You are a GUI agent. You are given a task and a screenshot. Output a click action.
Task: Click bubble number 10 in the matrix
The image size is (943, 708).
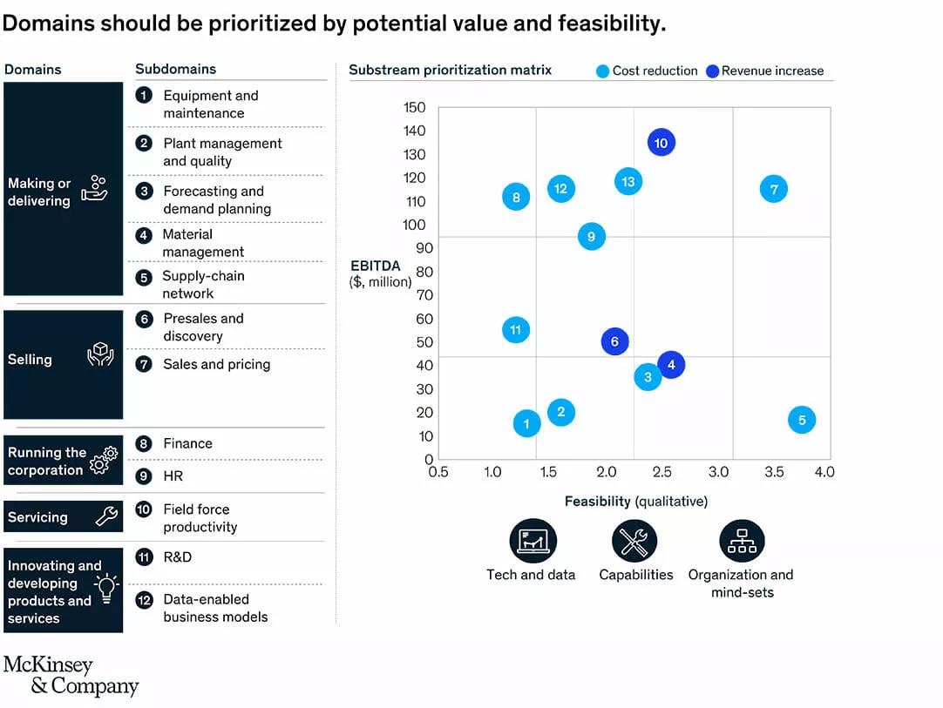tap(661, 143)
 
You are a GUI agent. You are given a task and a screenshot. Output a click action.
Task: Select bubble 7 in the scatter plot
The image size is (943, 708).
tap(773, 188)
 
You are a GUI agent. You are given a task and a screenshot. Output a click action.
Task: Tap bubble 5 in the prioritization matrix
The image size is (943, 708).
tap(802, 421)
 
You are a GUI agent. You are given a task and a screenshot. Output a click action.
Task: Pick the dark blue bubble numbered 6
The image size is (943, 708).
tap(614, 341)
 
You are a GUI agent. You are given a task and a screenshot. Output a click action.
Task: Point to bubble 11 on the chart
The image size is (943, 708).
tap(516, 330)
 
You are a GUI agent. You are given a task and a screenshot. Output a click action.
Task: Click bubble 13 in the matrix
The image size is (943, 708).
tap(628, 181)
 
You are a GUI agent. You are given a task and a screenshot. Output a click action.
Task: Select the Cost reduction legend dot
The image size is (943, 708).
tap(602, 71)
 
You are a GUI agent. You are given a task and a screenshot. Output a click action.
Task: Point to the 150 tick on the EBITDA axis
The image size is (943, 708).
tap(415, 108)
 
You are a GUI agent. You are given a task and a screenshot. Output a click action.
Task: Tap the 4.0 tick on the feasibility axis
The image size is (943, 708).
tap(824, 472)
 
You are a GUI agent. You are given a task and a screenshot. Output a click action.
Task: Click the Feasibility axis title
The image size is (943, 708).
tap(635, 502)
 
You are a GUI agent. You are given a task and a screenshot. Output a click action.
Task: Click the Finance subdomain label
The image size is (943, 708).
tap(187, 443)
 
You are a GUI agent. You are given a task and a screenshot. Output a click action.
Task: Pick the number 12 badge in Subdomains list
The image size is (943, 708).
tap(144, 600)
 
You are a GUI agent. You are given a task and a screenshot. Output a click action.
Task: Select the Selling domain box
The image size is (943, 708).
tap(63, 364)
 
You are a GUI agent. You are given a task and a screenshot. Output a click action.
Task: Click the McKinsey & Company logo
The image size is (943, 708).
tap(71, 676)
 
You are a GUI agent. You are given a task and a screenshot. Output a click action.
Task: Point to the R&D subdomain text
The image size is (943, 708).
tap(177, 556)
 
